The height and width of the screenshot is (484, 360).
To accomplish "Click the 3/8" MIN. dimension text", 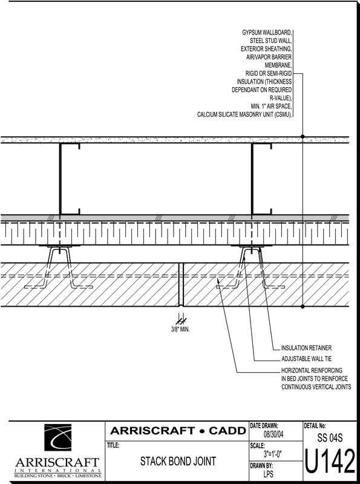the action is point(180,330).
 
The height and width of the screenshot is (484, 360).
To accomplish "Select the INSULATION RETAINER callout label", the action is point(306,348).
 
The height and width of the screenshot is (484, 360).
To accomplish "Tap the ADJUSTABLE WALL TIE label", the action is point(307,359).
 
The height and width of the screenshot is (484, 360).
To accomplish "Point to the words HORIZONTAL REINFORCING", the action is point(312,370).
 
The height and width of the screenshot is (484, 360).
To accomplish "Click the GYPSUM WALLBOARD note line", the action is point(267,33).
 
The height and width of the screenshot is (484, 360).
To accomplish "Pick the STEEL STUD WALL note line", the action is point(271,41).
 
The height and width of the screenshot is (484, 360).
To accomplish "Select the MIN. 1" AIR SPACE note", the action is point(271,106).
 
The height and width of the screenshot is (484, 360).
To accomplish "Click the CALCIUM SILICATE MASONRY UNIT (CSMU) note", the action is point(245,114).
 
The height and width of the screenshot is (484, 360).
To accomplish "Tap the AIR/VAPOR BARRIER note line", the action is point(269,57).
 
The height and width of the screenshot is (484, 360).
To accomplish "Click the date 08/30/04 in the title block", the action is point(273,434).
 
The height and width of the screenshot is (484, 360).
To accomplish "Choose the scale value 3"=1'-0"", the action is point(273,454).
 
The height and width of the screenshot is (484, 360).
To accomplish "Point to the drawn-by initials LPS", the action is point(268,474).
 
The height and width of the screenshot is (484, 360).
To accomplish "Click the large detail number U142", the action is point(330,461).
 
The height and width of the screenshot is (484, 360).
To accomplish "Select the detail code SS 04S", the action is point(330,438).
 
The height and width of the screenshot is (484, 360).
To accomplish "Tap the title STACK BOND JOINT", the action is point(178,461).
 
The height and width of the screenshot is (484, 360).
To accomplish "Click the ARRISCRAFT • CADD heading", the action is point(178,431).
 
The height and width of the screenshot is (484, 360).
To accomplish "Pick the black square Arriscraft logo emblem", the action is point(57,437).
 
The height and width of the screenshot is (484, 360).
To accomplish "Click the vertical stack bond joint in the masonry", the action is point(182,284).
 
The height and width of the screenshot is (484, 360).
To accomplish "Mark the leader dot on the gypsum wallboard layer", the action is point(303,137).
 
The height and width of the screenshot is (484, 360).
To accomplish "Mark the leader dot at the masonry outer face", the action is point(303,307).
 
